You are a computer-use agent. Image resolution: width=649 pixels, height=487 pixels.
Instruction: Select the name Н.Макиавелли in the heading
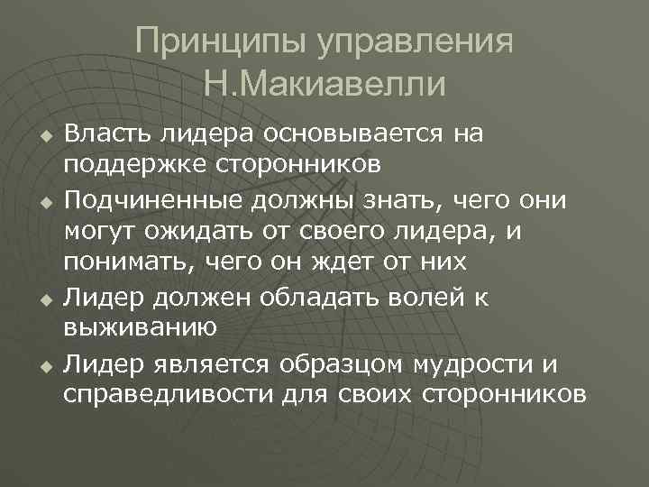[324, 86]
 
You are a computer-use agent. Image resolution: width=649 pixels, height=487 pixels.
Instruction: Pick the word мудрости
[462, 363]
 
